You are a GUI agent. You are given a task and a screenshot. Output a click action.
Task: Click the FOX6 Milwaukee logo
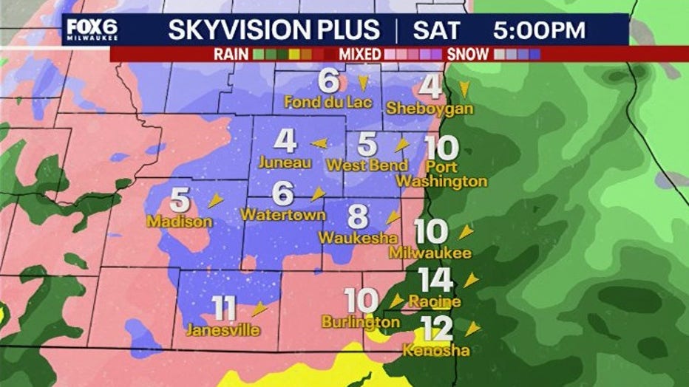coord(92,30)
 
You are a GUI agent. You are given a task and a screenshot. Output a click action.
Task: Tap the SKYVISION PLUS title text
coord(274,30)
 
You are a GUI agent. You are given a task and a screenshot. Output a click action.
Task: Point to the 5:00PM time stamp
coord(539,30)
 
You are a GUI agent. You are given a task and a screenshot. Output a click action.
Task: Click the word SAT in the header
coord(436,30)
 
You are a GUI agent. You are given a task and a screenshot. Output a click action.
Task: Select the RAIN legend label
coord(231,54)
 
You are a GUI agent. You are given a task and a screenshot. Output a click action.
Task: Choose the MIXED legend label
coord(361,54)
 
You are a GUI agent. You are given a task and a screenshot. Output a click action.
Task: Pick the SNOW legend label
coord(468,54)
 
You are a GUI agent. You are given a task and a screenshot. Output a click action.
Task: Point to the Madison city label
coord(180,221)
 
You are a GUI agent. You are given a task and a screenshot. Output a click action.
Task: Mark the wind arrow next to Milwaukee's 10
coord(465,233)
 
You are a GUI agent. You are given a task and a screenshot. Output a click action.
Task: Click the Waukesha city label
coord(358,239)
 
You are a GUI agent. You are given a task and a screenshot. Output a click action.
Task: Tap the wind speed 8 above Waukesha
coord(358,217)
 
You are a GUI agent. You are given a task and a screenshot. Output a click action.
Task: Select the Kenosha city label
coord(435,350)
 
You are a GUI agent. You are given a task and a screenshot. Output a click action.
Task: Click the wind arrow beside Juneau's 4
coord(319,143)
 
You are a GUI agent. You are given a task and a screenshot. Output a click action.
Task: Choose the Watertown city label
coord(283,215)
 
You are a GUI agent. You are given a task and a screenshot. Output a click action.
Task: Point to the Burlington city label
coord(360,322)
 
